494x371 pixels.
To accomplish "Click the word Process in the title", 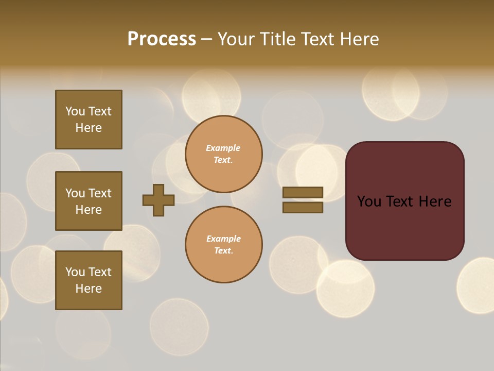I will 162,39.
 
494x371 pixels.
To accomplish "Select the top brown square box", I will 89,120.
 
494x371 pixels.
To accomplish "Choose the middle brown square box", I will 89,201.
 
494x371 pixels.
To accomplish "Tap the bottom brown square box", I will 89,280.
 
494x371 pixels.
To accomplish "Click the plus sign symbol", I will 158,200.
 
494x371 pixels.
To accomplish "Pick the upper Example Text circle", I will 223,154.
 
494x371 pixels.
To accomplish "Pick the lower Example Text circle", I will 223,245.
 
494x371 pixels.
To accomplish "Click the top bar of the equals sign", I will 303,193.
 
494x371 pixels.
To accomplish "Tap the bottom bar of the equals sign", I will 303,208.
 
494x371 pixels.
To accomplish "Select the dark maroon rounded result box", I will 404,201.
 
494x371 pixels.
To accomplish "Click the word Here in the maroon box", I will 434,201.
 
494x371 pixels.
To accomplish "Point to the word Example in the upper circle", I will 223,148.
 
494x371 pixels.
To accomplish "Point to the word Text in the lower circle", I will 223,251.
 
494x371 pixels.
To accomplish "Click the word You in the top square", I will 75,111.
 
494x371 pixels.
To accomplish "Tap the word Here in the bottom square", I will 89,289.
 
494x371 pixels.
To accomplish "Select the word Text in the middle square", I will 100,193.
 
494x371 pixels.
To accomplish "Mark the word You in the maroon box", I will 369,201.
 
